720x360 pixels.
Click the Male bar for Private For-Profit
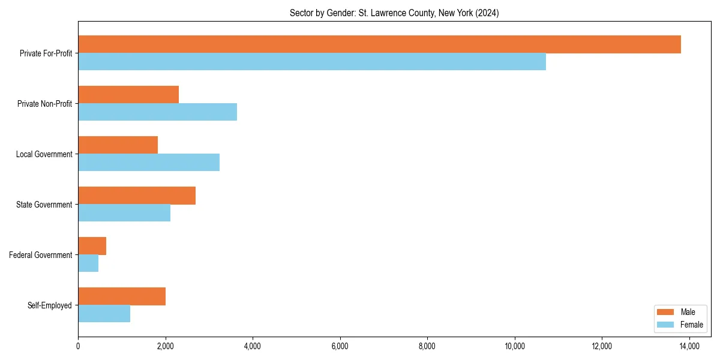point(379,44)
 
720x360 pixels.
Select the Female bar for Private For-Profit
point(312,62)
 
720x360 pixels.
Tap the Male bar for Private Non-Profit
point(128,95)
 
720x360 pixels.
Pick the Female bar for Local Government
point(149,163)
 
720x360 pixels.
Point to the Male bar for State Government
point(137,196)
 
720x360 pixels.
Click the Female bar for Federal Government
point(88,263)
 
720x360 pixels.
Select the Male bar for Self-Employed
point(122,296)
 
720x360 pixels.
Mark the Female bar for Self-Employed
point(104,314)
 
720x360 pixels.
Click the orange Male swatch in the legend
point(666,312)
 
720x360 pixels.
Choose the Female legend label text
point(692,325)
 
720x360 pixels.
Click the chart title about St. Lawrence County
point(394,13)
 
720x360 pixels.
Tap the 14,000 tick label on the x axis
point(689,346)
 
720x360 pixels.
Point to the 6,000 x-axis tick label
point(340,346)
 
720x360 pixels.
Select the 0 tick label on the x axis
point(78,346)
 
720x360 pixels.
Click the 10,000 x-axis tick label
point(514,346)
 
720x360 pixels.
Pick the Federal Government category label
point(41,255)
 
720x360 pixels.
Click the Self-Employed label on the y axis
point(50,305)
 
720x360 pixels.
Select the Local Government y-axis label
point(44,154)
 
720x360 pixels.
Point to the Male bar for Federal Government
point(92,246)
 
